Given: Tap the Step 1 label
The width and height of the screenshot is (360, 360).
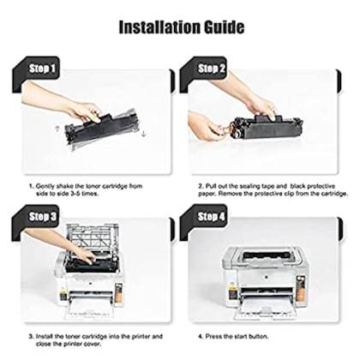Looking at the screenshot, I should click(x=41, y=67).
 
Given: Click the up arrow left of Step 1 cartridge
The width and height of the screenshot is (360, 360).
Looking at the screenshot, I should click(x=57, y=129).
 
